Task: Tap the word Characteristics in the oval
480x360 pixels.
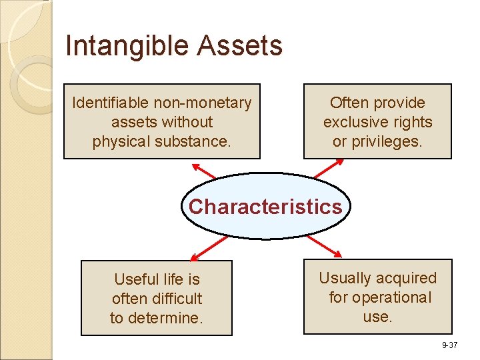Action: tap(265, 207)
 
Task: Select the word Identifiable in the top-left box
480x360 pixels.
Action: tap(111, 103)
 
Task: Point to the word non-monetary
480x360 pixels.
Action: tap(203, 103)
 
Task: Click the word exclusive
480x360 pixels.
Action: tap(353, 122)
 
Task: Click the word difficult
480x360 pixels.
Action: tap(176, 299)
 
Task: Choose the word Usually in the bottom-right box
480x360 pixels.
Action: tap(347, 278)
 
